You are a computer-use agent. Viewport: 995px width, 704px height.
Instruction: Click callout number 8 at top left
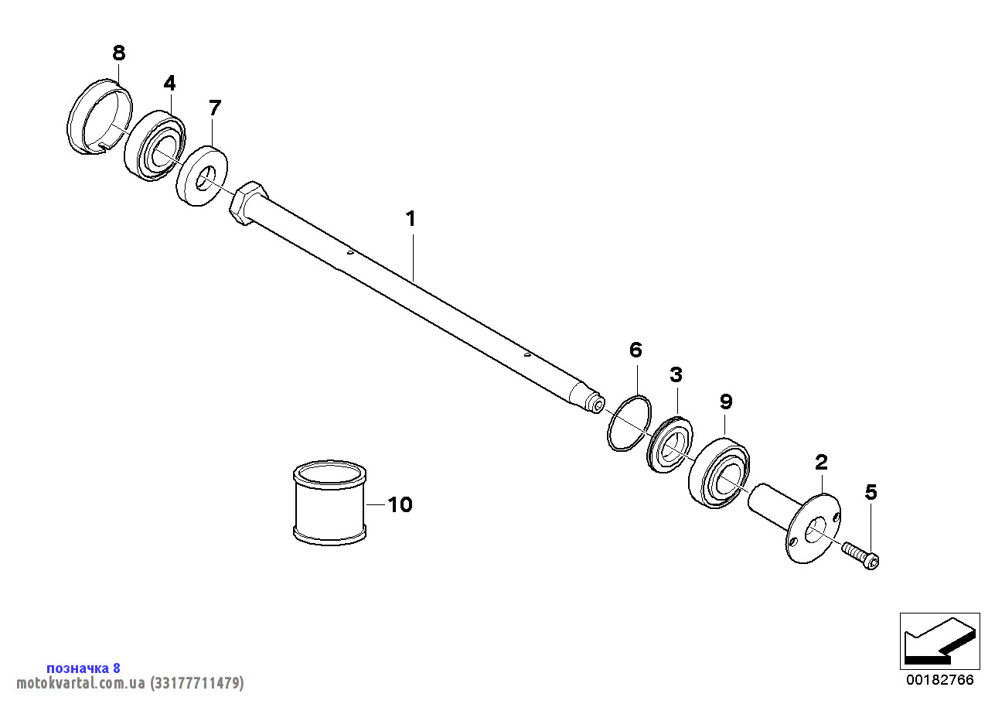click(x=118, y=53)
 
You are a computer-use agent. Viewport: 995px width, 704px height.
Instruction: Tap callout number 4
click(x=169, y=83)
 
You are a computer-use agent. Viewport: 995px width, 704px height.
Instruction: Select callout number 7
click(x=215, y=108)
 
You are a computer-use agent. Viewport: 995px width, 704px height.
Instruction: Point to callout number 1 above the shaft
click(x=411, y=219)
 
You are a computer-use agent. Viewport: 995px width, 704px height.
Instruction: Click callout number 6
click(x=636, y=350)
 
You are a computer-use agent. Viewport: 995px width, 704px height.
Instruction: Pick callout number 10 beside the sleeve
click(x=400, y=504)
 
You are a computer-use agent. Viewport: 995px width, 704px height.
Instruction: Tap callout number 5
click(x=871, y=493)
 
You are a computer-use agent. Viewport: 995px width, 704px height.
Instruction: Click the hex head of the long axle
click(x=249, y=203)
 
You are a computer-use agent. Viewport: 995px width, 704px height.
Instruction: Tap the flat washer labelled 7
click(x=202, y=175)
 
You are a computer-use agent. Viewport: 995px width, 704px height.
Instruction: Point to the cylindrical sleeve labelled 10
click(x=329, y=503)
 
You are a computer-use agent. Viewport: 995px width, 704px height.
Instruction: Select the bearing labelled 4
click(x=155, y=145)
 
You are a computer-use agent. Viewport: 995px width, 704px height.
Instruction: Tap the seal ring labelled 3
click(x=670, y=444)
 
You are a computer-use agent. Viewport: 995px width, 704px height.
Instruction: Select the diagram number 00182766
click(x=940, y=679)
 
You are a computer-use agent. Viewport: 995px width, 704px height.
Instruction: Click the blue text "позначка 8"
click(x=83, y=668)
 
